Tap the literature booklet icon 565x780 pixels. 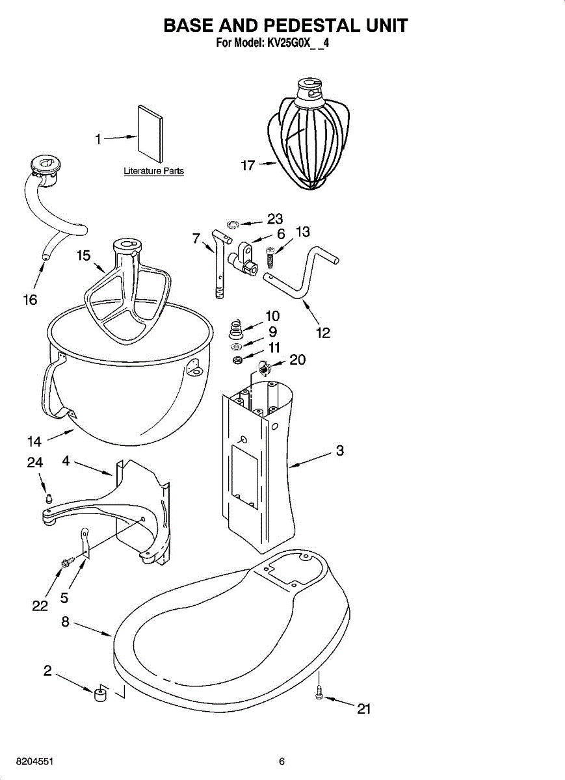pyautogui.click(x=150, y=131)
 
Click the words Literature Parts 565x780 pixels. pyautogui.click(x=154, y=172)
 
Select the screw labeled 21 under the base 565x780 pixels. pyautogui.click(x=319, y=694)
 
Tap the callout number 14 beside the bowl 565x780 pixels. pyautogui.click(x=34, y=442)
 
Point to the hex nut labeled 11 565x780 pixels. pyautogui.click(x=239, y=359)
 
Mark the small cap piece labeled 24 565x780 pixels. pyautogui.click(x=47, y=499)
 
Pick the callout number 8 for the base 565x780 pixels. pyautogui.click(x=65, y=621)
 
